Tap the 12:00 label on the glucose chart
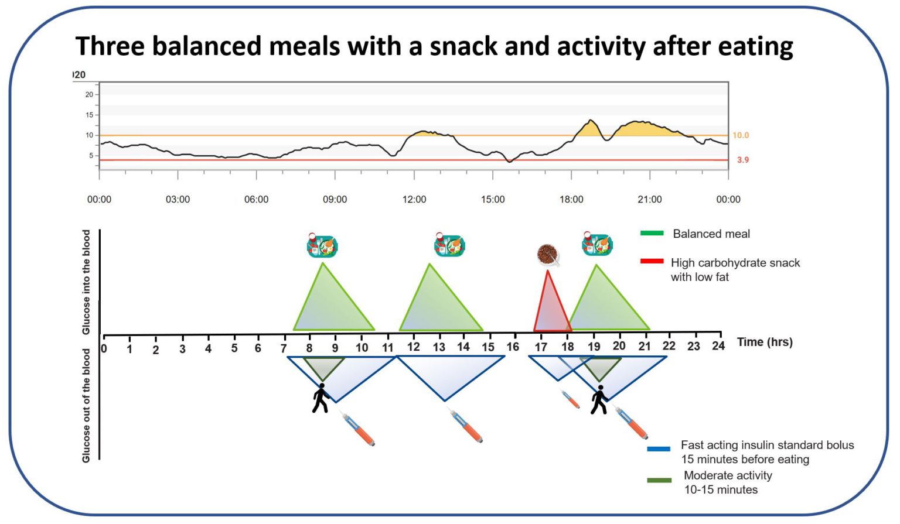tap(414, 199)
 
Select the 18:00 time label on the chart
tap(571, 199)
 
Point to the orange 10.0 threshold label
tap(740, 135)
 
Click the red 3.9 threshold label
tap(742, 160)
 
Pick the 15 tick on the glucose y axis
tap(89, 115)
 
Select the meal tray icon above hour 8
tap(322, 245)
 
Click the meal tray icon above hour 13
tap(449, 245)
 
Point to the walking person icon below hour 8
tap(320, 398)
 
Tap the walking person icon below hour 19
tap(599, 400)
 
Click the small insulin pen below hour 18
tap(570, 399)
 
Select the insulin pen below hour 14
tap(466, 426)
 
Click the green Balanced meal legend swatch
tap(652, 233)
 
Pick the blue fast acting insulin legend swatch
tap(659, 449)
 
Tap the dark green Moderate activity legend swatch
tap(659, 480)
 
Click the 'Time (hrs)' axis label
tap(765, 343)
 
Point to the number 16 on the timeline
tap(513, 347)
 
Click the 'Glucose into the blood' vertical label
tap(86, 282)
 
